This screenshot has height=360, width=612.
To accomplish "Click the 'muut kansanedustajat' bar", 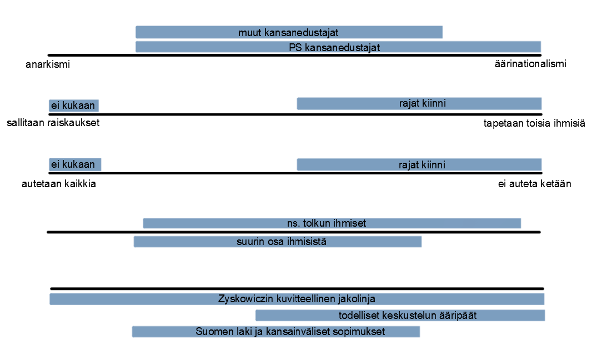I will [x=289, y=32].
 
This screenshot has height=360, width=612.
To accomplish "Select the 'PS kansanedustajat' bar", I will [x=338, y=47].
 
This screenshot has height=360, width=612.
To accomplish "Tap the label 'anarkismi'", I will [x=48, y=64].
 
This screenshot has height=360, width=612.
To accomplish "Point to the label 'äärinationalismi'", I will [x=530, y=64].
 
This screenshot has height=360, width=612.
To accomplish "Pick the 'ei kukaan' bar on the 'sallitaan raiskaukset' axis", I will [x=73, y=106].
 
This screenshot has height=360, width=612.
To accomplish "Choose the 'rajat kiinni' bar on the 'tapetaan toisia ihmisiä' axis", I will [x=419, y=104].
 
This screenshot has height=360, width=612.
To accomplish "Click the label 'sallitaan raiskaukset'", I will [x=53, y=123].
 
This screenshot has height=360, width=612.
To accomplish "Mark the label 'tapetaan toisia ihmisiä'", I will [x=534, y=123].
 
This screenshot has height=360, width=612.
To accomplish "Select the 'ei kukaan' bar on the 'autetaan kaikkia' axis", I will [x=74, y=164].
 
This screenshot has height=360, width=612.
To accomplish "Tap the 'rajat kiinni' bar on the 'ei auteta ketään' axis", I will [x=419, y=164].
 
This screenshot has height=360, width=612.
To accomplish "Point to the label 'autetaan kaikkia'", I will [x=59, y=184].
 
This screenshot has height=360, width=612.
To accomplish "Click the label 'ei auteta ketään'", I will [x=534, y=184].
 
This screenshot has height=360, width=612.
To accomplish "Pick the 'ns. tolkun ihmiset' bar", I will [x=332, y=223].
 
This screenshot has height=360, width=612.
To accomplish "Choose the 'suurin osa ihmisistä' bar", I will [x=278, y=242].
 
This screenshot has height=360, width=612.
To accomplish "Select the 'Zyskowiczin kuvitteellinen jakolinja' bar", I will [x=297, y=299].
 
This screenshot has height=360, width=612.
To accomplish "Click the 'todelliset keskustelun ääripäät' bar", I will [x=400, y=316].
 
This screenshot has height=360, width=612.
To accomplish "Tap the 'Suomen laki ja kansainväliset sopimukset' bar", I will [x=276, y=332].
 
